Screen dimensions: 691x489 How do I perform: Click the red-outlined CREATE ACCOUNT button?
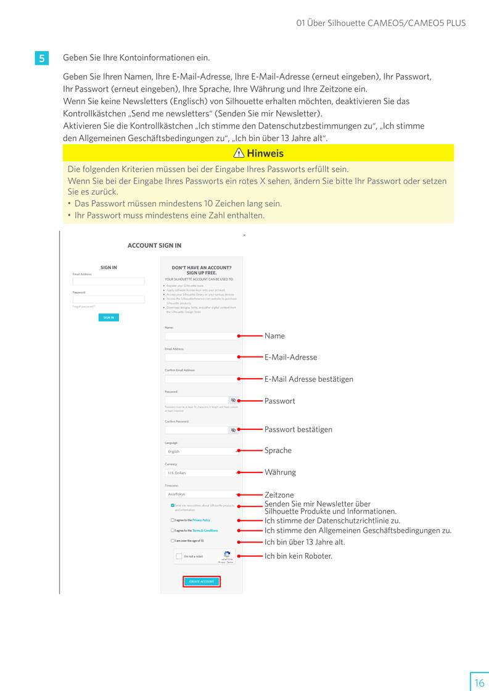(x=201, y=581)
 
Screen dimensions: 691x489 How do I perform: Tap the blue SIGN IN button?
(x=109, y=318)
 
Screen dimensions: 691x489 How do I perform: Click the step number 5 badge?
(x=42, y=59)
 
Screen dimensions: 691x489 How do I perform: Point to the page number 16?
(x=479, y=682)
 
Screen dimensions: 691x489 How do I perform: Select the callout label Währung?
(x=280, y=472)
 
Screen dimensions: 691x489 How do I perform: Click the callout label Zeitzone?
(x=279, y=495)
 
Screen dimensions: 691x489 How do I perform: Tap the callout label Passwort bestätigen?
(x=298, y=429)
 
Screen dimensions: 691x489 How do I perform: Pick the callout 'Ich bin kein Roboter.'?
(x=298, y=556)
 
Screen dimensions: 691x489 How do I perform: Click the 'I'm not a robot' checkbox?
(x=179, y=556)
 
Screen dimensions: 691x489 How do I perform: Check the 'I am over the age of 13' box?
(x=173, y=541)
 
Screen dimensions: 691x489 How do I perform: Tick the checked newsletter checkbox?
(x=173, y=505)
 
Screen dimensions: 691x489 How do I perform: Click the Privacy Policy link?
(x=201, y=520)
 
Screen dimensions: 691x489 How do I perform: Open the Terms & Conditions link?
(x=205, y=530)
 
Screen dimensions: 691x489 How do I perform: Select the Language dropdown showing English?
(x=201, y=451)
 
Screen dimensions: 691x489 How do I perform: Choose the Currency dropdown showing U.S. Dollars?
(x=201, y=473)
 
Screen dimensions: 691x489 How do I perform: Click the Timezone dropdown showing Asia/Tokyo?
(x=201, y=494)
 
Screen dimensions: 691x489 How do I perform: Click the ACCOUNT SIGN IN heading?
(x=154, y=245)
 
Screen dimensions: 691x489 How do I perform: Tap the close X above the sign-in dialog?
(x=244, y=235)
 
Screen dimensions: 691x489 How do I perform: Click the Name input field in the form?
(x=201, y=336)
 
